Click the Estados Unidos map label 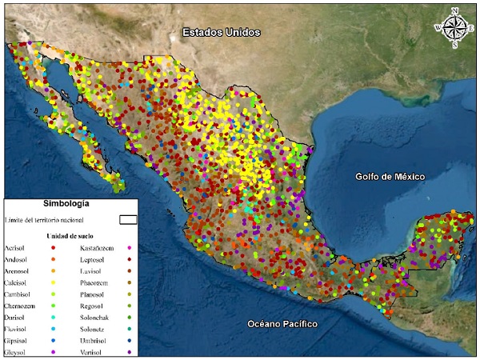(x=221, y=33)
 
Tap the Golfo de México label (x=390, y=176)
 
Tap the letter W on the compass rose (x=438, y=28)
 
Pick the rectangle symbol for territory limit (x=128, y=218)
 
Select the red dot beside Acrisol (x=54, y=249)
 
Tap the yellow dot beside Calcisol (x=54, y=282)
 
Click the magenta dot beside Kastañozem (x=130, y=249)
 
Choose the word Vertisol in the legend (x=94, y=351)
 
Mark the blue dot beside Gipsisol (x=54, y=340)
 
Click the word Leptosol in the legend (x=95, y=260)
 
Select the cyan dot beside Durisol (x=54, y=317)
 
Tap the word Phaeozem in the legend (x=96, y=282)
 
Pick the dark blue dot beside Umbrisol (x=130, y=340)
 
